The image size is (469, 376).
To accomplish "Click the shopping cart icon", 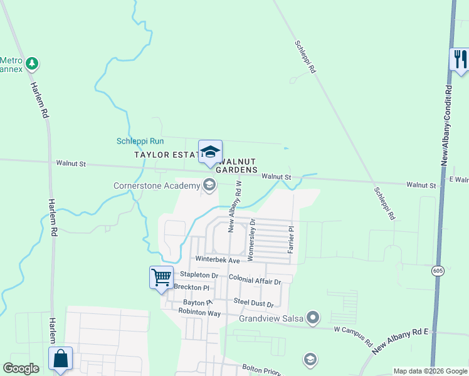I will pos(161,277).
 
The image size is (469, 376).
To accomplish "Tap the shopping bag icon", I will pos(60,358).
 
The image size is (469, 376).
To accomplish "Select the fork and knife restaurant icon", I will pos(460,59).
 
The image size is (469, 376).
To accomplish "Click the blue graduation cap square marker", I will pos(210,152).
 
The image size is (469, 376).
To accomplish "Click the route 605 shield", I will pos(438,270).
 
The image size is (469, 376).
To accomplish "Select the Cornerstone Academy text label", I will pos(157,186).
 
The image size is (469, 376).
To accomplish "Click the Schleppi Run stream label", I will pos(140,141).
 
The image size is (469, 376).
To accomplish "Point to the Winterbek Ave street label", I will pos(218,260).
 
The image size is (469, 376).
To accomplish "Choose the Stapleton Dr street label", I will pos(199,275).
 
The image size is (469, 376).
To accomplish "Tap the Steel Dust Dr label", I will pos(253,304).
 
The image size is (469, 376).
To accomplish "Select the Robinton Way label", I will pos(199,311).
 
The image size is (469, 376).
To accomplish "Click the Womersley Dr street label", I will pos(251,239).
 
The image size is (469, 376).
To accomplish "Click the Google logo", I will pos(21,368).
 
